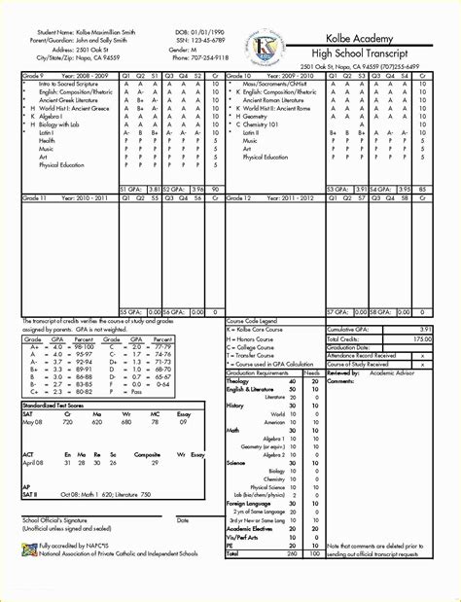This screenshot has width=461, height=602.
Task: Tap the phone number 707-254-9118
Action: [215, 57]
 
